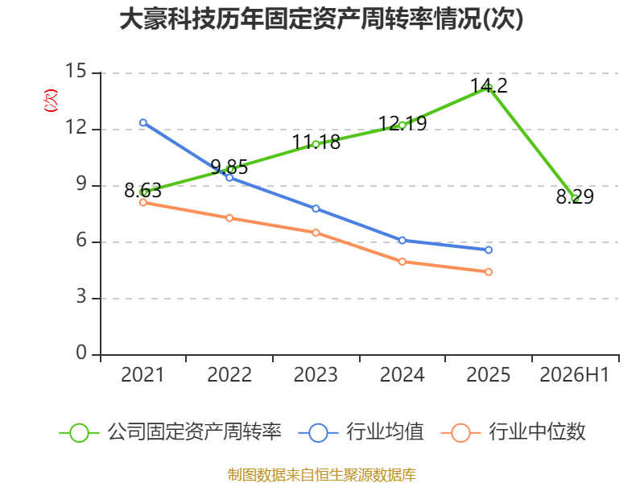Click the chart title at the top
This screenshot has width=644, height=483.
[x=321, y=19]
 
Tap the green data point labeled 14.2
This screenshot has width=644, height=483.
[x=489, y=88]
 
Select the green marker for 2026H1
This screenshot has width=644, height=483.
[x=575, y=199]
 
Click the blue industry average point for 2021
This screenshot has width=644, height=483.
[x=143, y=123]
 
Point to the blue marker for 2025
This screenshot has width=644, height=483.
[x=489, y=250]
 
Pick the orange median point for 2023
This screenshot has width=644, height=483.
[x=316, y=233]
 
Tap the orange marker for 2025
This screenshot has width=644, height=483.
[x=489, y=272]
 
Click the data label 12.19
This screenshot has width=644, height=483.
[x=402, y=123]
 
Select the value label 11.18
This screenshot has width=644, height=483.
[x=316, y=142]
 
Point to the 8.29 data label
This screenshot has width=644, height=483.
[x=575, y=196]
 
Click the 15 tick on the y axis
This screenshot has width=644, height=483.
[x=76, y=71]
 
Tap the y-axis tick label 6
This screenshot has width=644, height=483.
[x=81, y=240]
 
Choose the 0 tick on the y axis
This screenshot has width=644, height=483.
[x=81, y=353]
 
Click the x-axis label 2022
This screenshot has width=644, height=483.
[x=229, y=375]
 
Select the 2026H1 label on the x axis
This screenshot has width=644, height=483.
[x=575, y=375]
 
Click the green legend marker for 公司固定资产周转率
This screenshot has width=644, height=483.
[x=79, y=433]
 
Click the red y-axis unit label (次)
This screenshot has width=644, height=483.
[x=51, y=101]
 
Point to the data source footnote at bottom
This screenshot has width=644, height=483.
[x=322, y=475]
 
